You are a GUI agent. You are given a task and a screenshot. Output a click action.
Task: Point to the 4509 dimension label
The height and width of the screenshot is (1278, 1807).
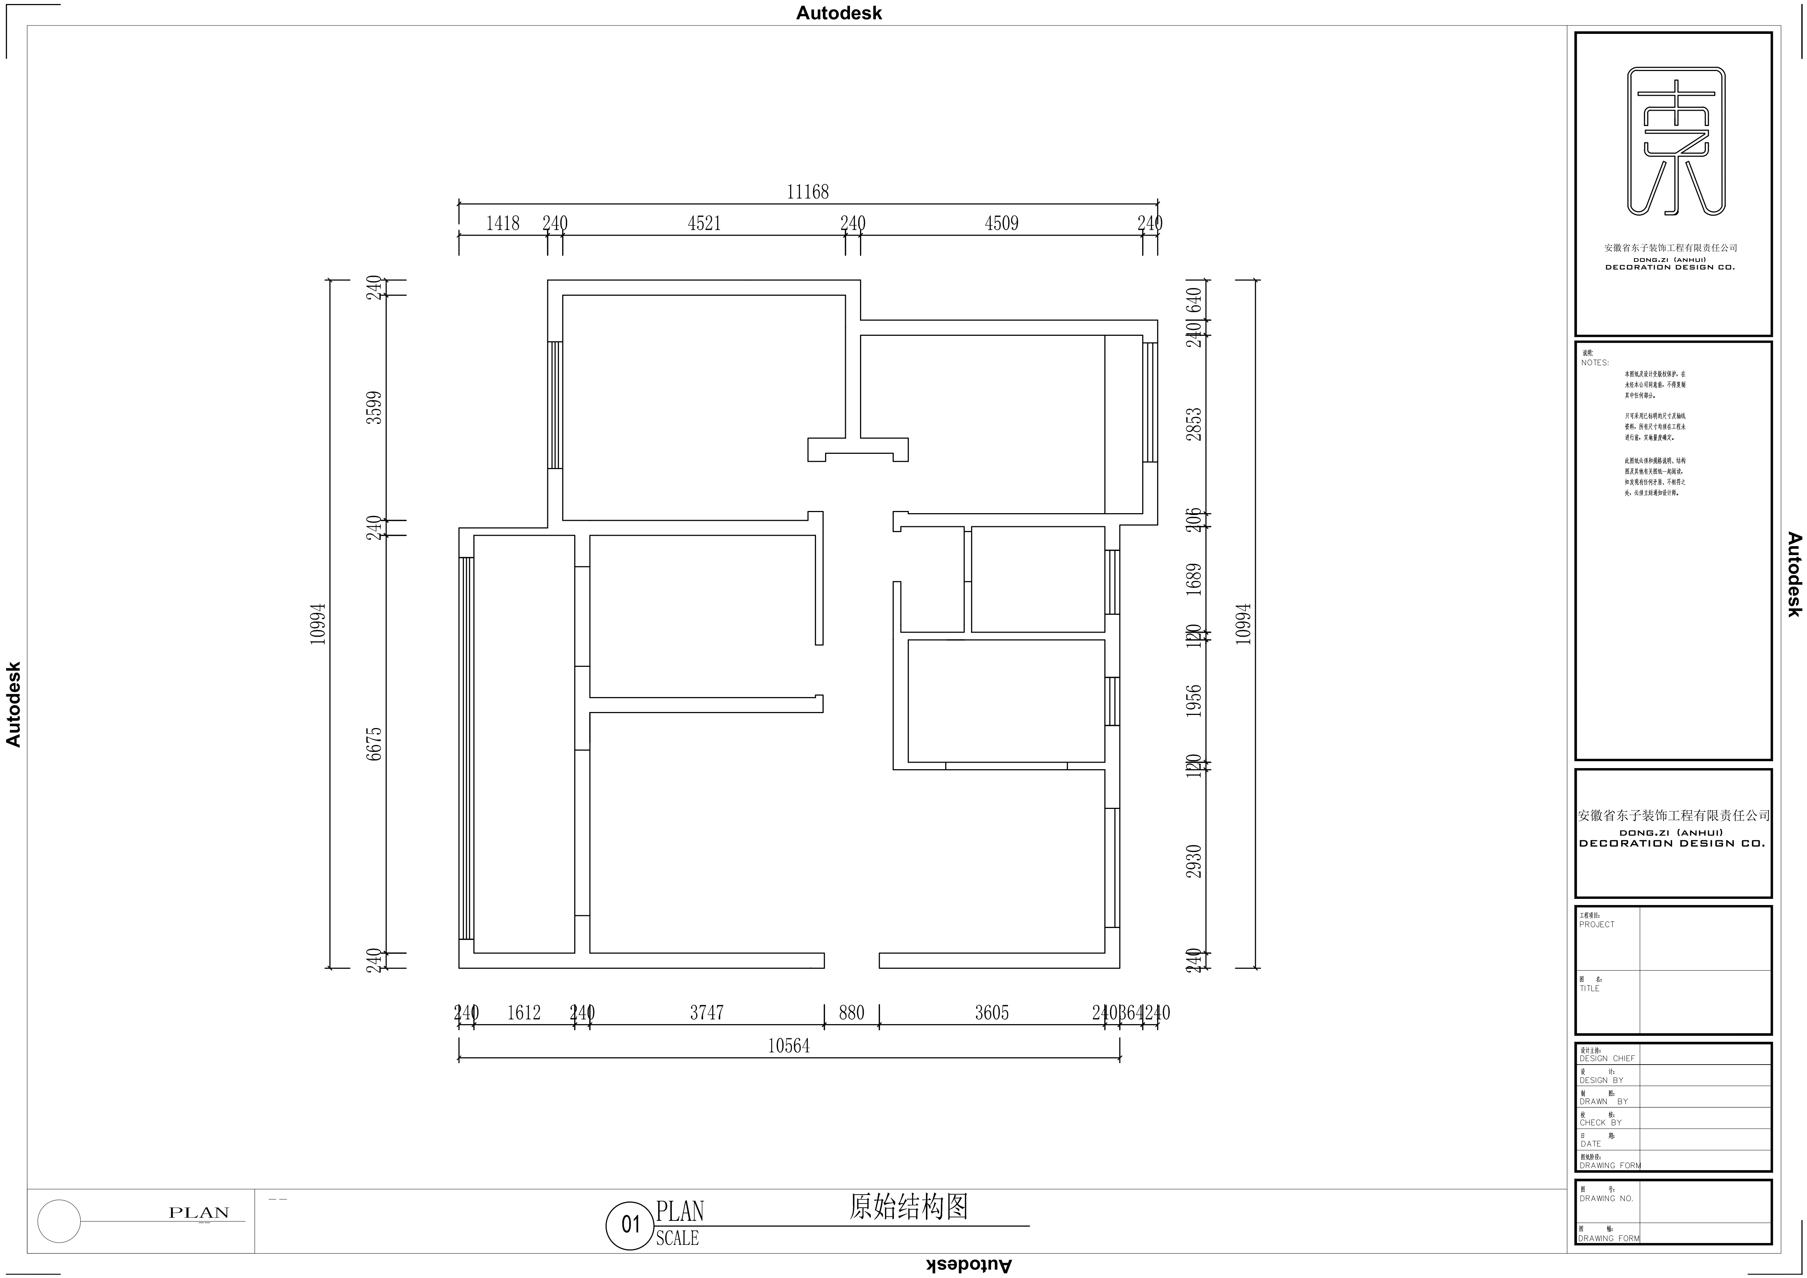1001,224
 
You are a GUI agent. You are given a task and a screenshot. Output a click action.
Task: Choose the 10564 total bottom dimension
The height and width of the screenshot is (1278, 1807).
789,1046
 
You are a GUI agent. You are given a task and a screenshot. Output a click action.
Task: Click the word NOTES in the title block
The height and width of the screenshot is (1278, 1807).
1595,363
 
